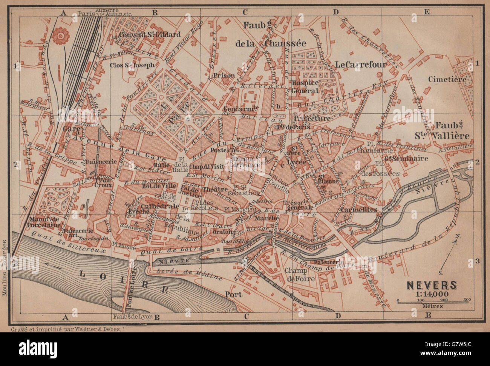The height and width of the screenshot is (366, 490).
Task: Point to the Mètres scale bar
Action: pyautogui.click(x=432, y=301)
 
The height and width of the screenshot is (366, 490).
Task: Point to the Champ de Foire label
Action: pyautogui.click(x=297, y=275)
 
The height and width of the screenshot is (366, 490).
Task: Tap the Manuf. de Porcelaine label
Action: pyautogui.click(x=44, y=222)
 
